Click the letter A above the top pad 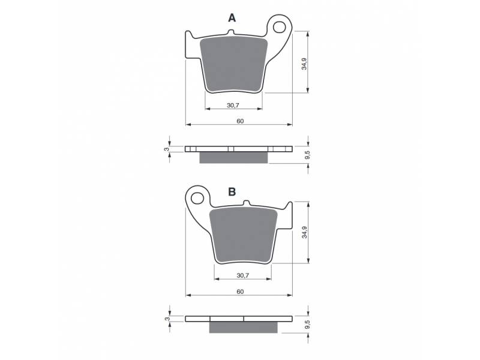[232, 19]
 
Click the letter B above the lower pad [232, 192]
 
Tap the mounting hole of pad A [279, 27]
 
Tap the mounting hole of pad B [197, 199]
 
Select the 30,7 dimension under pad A [233, 106]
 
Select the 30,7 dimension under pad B [242, 275]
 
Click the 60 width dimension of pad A [241, 121]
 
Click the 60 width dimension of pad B [241, 292]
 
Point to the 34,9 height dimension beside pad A [304, 64]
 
